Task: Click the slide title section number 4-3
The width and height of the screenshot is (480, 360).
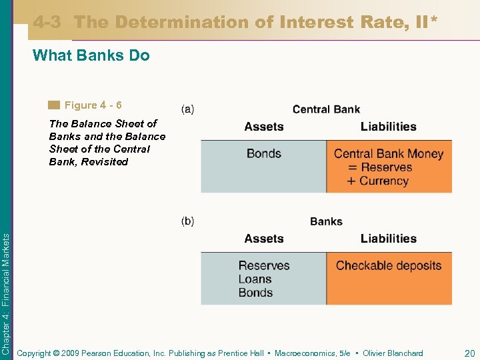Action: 47,22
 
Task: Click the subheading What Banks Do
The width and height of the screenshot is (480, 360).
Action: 91,55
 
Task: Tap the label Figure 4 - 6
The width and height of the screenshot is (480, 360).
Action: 93,105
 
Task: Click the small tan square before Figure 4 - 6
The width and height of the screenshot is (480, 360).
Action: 54,105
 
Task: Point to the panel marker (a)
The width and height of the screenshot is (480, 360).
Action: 188,109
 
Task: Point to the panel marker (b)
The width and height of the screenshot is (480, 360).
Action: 188,221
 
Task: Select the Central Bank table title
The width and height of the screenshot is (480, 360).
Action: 326,109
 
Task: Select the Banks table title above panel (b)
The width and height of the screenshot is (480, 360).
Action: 326,221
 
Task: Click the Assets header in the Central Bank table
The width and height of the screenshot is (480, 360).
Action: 263,127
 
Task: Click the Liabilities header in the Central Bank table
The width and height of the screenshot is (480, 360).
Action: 388,127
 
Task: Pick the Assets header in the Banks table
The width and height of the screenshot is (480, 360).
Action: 263,239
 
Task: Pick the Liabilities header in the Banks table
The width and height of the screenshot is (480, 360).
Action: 388,239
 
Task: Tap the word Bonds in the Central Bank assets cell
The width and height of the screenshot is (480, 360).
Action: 263,153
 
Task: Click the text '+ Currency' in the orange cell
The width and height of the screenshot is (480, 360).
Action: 377,181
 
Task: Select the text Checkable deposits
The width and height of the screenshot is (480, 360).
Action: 389,265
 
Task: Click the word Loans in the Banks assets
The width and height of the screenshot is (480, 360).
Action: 255,279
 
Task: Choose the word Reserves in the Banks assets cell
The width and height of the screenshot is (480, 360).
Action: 264,265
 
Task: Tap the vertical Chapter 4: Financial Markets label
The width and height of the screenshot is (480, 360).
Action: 6,284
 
